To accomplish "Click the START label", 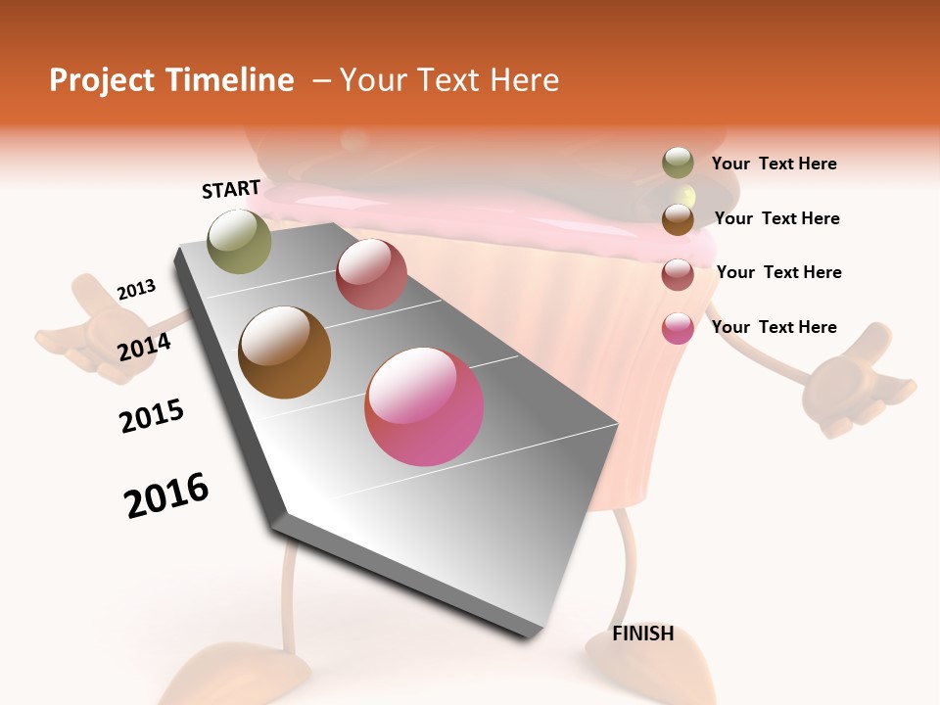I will pyautogui.click(x=231, y=189).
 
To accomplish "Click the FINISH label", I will pyautogui.click(x=642, y=634).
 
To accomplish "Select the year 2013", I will pyautogui.click(x=136, y=290).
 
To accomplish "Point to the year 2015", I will pyautogui.click(x=152, y=415).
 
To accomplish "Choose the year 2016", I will pyautogui.click(x=166, y=494).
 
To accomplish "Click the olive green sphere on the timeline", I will pyautogui.click(x=239, y=241).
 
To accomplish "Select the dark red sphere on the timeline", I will pyautogui.click(x=371, y=274).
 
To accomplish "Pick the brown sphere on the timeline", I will pyautogui.click(x=285, y=352).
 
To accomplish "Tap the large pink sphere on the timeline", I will pyautogui.click(x=424, y=406).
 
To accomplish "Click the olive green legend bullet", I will pyautogui.click(x=678, y=164).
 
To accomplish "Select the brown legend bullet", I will pyautogui.click(x=678, y=218).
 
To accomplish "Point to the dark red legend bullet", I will pyautogui.click(x=678, y=273).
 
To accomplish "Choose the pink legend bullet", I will pyautogui.click(x=678, y=328).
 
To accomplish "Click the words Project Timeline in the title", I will pyautogui.click(x=171, y=80).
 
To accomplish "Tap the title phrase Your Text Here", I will pyautogui.click(x=448, y=80).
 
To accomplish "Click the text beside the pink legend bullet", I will pyautogui.click(x=774, y=327).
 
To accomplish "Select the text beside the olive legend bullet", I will pyautogui.click(x=774, y=164).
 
